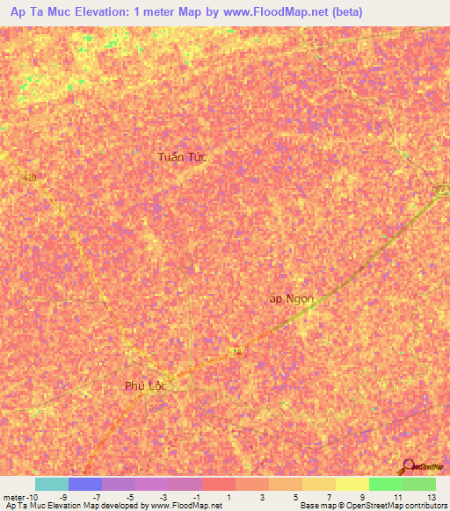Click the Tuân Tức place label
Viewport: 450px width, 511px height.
click(x=182, y=156)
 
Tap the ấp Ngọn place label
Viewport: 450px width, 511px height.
click(x=291, y=299)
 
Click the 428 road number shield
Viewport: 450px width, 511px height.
click(x=32, y=177)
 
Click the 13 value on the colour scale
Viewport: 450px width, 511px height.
click(x=432, y=497)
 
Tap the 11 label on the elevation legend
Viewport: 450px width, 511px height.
click(x=398, y=497)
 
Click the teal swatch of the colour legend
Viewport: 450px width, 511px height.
click(x=52, y=484)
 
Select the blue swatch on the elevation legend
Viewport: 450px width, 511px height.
click(x=85, y=484)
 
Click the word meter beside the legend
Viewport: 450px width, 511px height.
click(x=15, y=497)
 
